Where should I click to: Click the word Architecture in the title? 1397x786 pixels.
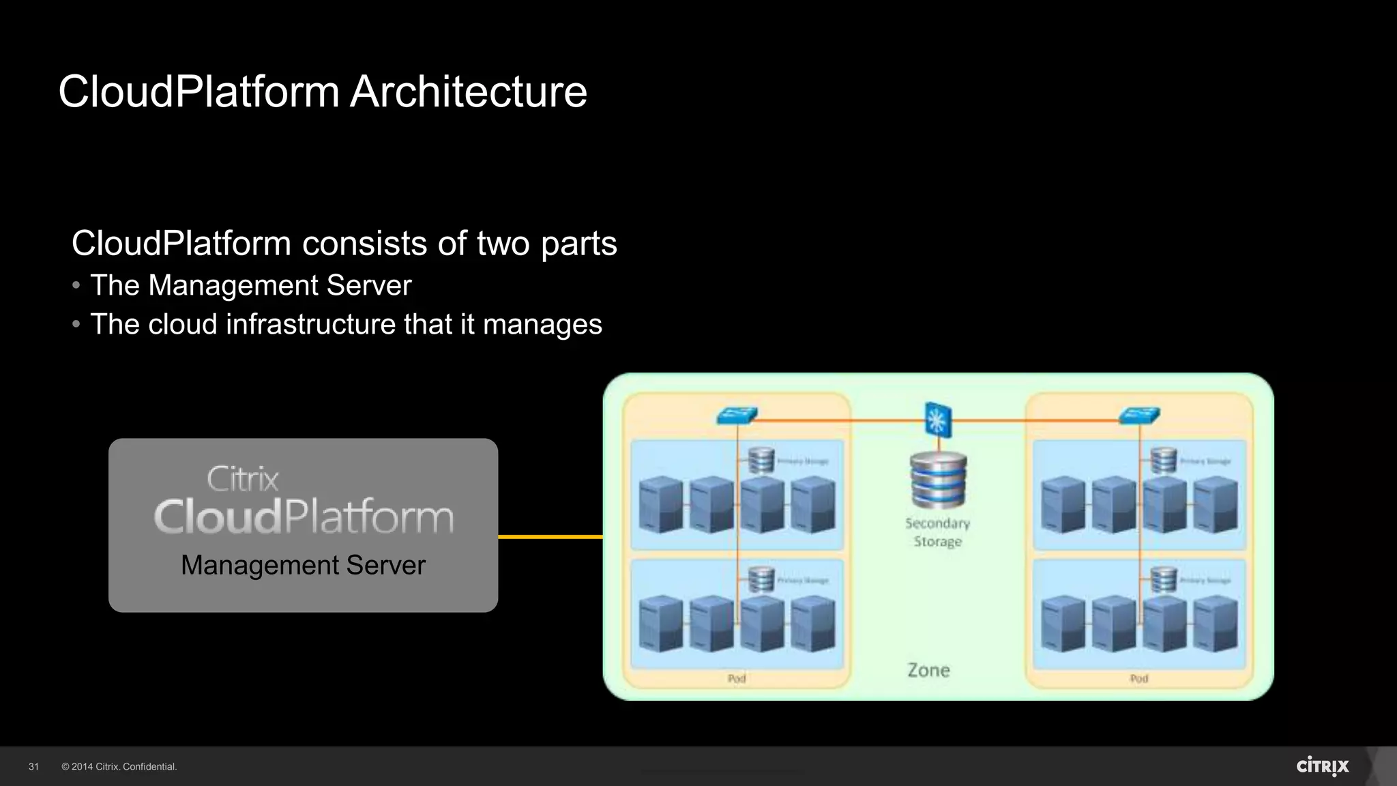(x=468, y=91)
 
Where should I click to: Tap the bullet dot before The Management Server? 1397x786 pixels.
(x=76, y=285)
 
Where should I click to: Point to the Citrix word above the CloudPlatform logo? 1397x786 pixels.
(x=243, y=479)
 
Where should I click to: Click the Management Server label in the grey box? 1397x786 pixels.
(x=303, y=565)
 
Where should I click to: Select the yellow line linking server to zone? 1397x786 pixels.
(x=550, y=537)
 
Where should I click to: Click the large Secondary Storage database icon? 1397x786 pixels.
(x=938, y=480)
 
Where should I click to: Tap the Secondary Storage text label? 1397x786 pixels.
(x=938, y=532)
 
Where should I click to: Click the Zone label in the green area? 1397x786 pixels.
(x=928, y=670)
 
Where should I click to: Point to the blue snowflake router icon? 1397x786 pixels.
(x=938, y=419)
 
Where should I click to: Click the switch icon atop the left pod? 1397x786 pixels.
(x=737, y=415)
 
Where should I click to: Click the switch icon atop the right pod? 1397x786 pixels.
(x=1139, y=415)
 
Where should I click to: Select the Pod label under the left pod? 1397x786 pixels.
(x=737, y=678)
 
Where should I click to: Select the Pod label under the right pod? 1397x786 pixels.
(x=1139, y=678)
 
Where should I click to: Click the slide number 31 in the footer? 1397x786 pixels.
(x=33, y=767)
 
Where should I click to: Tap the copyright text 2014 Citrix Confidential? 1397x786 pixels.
(x=119, y=767)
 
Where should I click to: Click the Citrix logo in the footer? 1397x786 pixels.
(x=1322, y=766)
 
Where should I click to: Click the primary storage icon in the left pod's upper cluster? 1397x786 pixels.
(x=761, y=460)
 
